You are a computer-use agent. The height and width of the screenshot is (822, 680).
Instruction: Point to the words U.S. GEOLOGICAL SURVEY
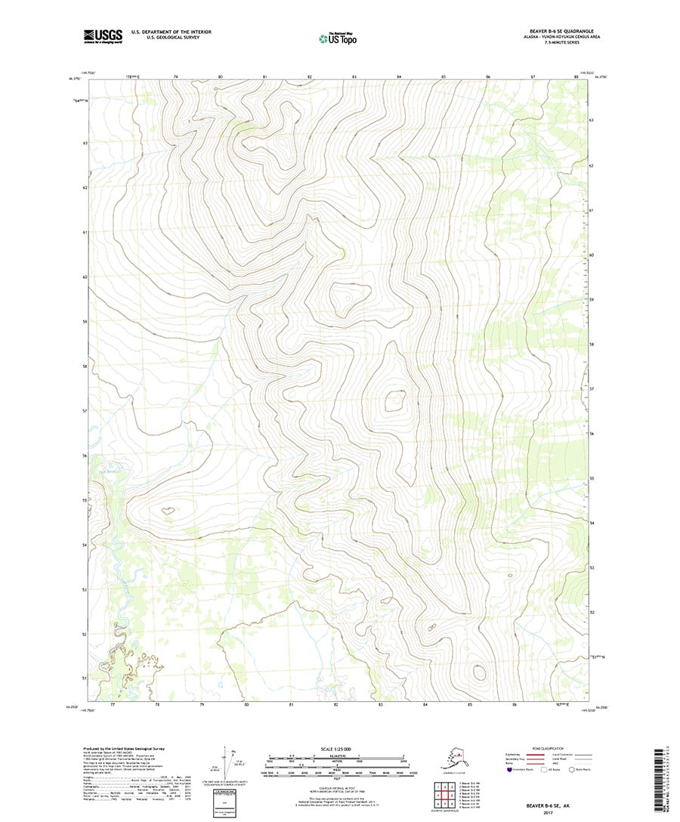click(x=165, y=37)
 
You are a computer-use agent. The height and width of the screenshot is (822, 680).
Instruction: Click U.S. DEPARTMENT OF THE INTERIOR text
click(x=171, y=32)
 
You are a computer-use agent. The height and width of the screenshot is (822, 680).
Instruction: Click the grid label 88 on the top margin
click(x=576, y=77)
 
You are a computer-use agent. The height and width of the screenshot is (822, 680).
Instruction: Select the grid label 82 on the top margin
click(x=310, y=77)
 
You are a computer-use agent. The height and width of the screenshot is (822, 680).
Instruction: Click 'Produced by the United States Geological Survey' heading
click(x=123, y=749)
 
